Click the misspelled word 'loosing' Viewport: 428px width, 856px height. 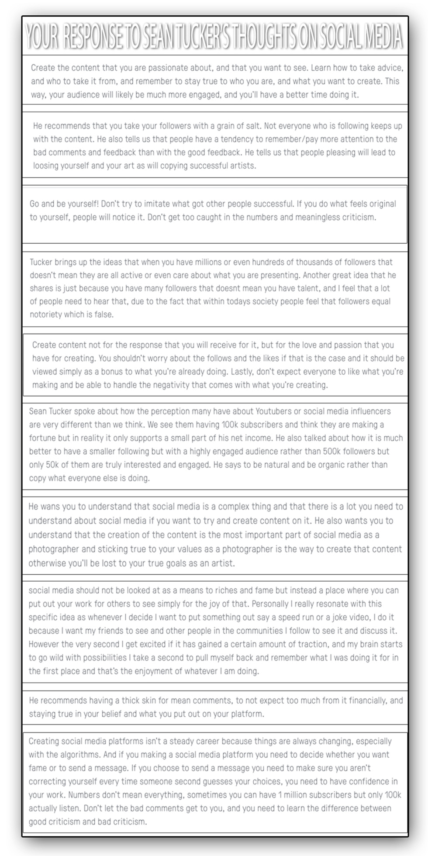pyautogui.click(x=46, y=166)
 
